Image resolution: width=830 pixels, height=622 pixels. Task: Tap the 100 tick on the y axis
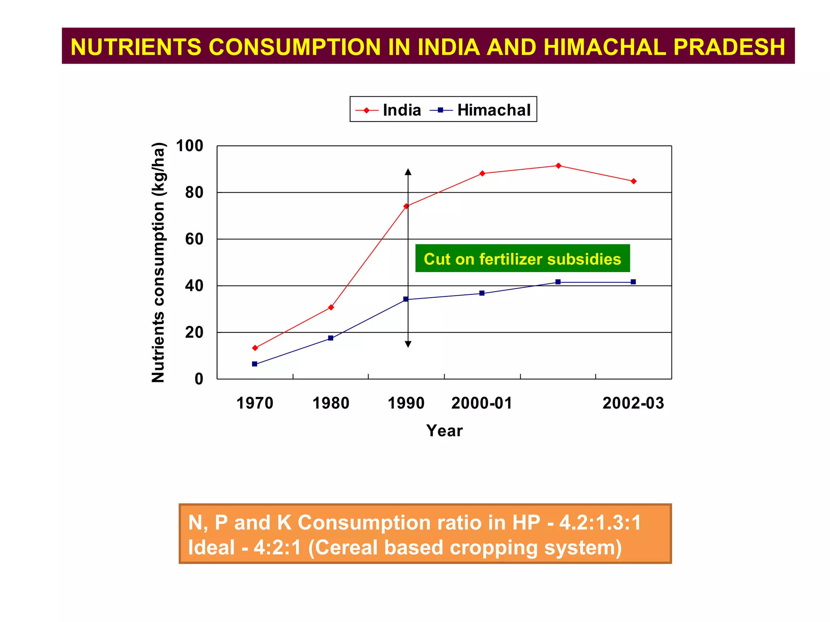[189, 146]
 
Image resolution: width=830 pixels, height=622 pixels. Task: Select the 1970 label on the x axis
[255, 403]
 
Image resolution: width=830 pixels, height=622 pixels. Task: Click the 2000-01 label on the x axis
[481, 403]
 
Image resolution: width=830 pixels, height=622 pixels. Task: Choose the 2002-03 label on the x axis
[633, 403]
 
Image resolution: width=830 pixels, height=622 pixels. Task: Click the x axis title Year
[444, 431]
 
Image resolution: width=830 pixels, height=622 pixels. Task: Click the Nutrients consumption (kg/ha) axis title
[158, 262]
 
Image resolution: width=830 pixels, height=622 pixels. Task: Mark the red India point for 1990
[406, 206]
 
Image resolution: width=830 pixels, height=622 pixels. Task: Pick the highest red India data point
[558, 166]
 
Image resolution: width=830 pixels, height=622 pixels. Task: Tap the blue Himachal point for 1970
[255, 364]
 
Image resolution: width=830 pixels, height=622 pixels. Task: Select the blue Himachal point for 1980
[331, 338]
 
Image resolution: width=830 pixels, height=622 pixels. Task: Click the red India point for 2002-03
[633, 181]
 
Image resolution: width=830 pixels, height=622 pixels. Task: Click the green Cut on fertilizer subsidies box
[522, 258]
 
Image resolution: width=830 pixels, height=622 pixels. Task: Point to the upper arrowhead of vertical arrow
[408, 172]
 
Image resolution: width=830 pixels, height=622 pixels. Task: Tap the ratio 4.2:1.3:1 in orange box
[600, 522]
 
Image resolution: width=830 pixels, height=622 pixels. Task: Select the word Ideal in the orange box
[211, 547]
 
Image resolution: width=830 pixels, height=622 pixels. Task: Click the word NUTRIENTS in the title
[136, 47]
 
